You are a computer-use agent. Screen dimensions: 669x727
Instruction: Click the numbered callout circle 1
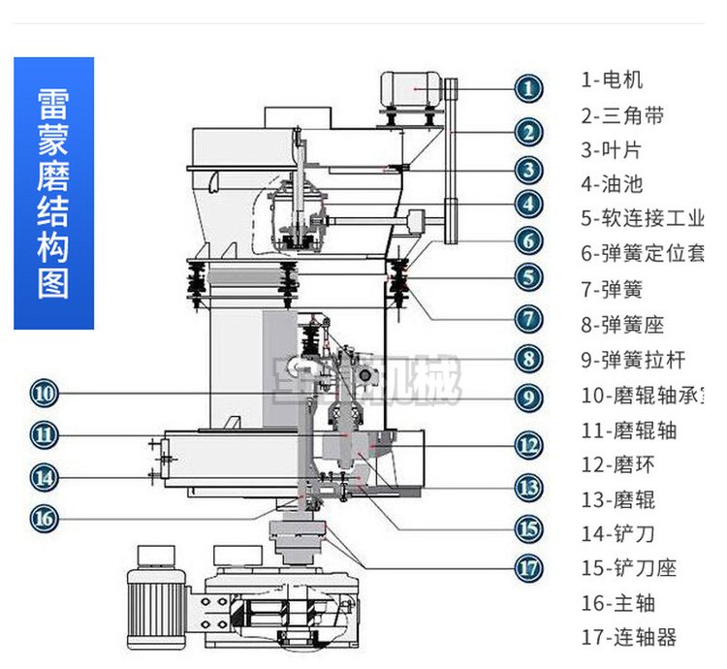[528, 89]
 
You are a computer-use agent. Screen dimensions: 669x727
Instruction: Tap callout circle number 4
[528, 205]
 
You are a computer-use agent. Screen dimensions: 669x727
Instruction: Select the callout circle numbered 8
[528, 358]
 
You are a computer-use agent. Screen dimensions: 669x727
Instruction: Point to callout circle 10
[45, 394]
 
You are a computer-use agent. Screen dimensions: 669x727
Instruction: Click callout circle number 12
[528, 445]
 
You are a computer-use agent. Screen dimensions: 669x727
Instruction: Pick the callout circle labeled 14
[45, 476]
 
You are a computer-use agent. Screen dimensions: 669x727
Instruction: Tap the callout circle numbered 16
[45, 518]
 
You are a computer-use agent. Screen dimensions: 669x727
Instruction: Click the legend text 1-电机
[612, 80]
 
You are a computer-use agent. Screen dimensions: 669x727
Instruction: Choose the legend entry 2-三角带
[622, 115]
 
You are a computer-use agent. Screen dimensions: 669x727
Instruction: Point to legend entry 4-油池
[612, 184]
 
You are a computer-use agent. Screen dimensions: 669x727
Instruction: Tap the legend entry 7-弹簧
[612, 289]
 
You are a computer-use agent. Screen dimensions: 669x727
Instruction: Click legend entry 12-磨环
[618, 465]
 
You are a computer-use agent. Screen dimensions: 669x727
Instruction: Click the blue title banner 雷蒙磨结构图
[53, 193]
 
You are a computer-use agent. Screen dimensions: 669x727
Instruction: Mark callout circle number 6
[528, 239]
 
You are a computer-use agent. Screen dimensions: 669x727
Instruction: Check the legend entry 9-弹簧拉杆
[633, 360]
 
